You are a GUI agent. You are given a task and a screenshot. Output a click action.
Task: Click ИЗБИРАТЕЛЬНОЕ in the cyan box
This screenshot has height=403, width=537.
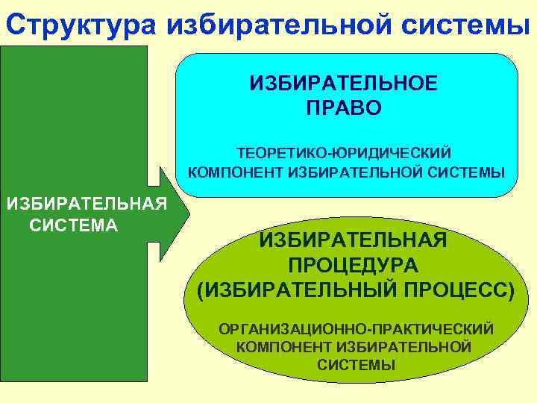(344, 83)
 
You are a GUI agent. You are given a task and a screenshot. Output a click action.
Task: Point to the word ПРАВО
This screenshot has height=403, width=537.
(344, 108)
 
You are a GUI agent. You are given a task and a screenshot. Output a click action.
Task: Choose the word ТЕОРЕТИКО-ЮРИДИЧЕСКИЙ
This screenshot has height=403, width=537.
(344, 153)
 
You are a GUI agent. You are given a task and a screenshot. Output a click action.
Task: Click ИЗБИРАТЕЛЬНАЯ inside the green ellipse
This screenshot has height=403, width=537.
(353, 240)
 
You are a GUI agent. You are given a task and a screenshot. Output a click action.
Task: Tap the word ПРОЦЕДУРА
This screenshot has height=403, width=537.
(353, 266)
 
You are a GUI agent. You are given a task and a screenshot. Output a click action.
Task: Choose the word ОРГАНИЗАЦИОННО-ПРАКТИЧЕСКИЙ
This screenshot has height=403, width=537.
(356, 328)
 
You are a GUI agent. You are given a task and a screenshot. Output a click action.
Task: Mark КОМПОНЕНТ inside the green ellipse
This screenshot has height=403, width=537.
(284, 347)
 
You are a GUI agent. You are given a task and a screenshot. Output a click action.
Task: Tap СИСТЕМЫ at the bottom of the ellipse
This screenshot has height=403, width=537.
(356, 365)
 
